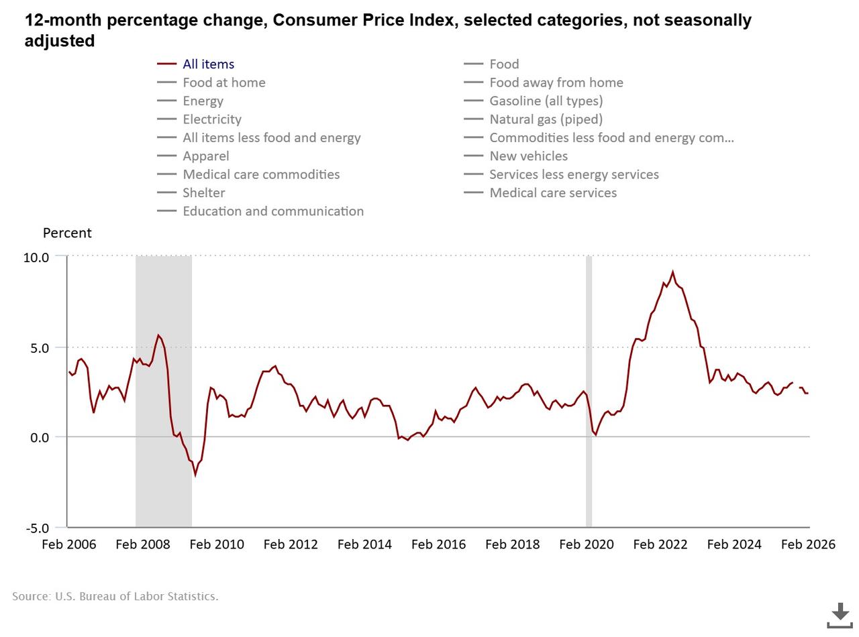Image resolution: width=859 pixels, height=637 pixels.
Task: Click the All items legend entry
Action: pyautogui.click(x=208, y=64)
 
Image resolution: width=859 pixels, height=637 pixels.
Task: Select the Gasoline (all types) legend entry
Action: pyautogui.click(x=546, y=101)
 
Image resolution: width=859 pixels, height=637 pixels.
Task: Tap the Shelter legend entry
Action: pyautogui.click(x=203, y=193)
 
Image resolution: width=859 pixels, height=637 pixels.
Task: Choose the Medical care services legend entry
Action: pyautogui.click(x=552, y=193)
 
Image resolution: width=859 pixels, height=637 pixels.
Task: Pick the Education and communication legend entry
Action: pyautogui.click(x=272, y=211)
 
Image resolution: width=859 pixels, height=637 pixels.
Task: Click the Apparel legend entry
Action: pyautogui.click(x=205, y=156)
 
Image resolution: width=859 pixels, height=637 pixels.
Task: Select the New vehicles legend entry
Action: pyautogui.click(x=528, y=156)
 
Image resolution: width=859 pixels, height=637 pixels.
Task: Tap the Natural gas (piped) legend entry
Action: pyautogui.click(x=546, y=119)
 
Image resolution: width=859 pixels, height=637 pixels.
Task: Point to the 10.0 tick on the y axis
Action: pyautogui.click(x=36, y=257)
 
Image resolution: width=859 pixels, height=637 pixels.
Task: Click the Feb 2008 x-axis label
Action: pyautogui.click(x=143, y=544)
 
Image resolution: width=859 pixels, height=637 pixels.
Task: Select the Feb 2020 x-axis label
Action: pyautogui.click(x=586, y=544)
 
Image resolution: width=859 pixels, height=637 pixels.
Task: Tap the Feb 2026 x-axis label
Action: pyautogui.click(x=807, y=544)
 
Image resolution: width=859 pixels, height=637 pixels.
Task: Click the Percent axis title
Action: pyautogui.click(x=67, y=233)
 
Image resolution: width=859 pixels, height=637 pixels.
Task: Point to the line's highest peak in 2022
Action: pyautogui.click(x=672, y=272)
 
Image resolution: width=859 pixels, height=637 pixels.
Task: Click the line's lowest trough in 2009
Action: pyautogui.click(x=195, y=475)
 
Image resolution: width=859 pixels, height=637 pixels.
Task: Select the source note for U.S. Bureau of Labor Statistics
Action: pyautogui.click(x=115, y=596)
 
